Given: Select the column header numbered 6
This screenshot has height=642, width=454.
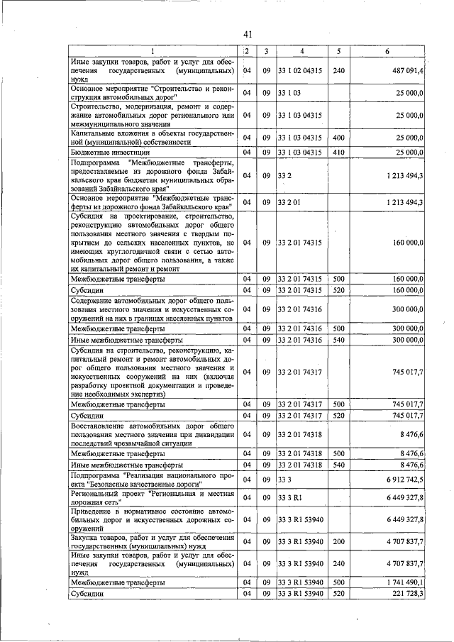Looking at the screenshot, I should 387,51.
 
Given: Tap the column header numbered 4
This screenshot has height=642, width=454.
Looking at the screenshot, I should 302,51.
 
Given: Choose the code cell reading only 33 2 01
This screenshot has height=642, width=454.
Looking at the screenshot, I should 288,203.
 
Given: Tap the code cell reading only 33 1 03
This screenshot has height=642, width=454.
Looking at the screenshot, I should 288,93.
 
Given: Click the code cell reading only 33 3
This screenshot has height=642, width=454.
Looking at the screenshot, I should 284,480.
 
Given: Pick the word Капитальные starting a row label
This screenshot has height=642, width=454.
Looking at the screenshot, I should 97,133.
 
